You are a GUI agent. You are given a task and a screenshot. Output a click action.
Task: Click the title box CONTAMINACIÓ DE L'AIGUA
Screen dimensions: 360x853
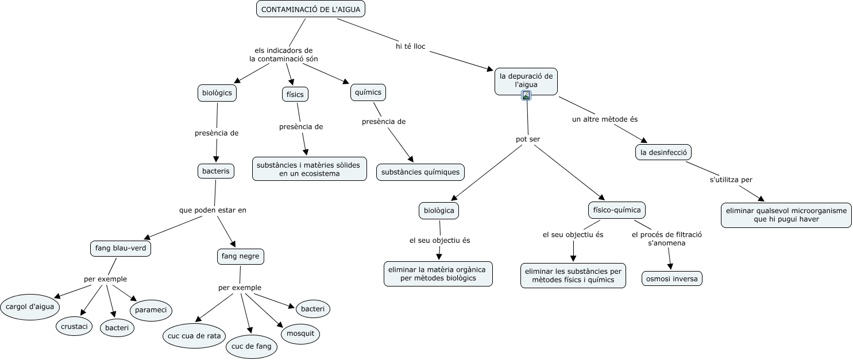click(311, 9)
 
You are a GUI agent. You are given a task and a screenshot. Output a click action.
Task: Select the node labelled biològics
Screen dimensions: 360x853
click(217, 92)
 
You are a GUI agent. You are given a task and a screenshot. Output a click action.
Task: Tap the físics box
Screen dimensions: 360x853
click(295, 94)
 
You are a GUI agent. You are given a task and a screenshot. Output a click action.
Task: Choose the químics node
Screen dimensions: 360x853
click(368, 92)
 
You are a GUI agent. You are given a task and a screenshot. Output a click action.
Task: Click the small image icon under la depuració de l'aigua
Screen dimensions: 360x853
click(526, 95)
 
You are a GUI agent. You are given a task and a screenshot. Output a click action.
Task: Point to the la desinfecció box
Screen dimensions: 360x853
click(663, 152)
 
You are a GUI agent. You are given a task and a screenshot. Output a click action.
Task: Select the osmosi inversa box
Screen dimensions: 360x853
click(672, 278)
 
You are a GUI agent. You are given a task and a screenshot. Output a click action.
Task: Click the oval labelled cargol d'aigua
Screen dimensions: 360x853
click(30, 307)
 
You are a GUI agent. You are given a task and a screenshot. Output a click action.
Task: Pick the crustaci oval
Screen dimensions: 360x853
click(74, 326)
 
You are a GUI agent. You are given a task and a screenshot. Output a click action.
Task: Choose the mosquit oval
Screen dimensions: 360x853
click(300, 333)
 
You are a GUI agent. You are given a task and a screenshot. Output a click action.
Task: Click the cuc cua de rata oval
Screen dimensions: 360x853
click(194, 336)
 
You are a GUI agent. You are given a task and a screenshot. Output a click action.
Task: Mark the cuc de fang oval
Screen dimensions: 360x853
click(252, 346)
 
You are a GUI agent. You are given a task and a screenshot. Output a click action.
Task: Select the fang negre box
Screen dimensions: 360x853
click(241, 256)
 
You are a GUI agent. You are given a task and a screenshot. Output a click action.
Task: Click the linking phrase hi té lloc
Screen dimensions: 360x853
click(411, 47)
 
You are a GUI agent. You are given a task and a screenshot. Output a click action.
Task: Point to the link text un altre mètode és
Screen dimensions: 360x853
click(605, 119)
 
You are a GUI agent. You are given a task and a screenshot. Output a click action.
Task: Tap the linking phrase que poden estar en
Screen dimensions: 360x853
click(213, 210)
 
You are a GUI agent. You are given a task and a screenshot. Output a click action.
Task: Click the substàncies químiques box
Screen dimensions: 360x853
click(420, 172)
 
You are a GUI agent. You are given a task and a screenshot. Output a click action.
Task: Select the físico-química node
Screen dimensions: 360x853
click(617, 210)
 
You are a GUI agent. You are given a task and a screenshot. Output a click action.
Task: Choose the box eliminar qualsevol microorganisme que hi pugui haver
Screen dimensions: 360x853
click(786, 215)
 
